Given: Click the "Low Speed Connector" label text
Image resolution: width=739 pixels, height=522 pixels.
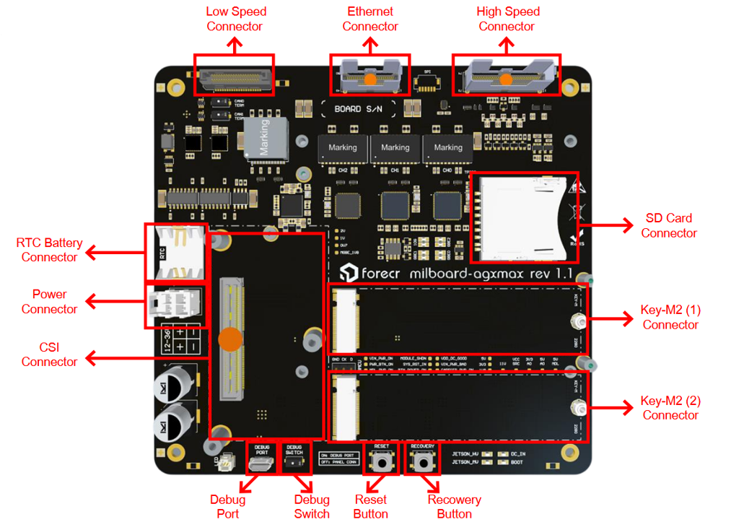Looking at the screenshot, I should click(x=235, y=19).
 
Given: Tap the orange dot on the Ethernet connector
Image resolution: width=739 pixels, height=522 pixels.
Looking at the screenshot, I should click(x=369, y=79).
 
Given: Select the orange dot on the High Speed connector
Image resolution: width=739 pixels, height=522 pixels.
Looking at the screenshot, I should click(x=507, y=79).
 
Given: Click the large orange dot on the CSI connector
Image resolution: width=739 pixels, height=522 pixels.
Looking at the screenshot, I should click(x=231, y=339).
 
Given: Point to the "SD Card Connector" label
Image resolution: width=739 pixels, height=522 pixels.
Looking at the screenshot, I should click(x=669, y=225).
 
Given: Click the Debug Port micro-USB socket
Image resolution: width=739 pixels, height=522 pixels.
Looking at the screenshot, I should click(x=261, y=464).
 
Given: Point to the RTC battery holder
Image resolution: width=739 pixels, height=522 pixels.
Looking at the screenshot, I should click(x=175, y=252).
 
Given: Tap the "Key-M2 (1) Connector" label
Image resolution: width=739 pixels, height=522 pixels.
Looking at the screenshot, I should click(x=670, y=318).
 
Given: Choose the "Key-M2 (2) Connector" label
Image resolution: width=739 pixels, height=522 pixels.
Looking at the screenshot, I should click(x=670, y=408).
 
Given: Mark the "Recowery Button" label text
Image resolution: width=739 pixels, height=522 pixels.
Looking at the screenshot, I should click(x=454, y=507).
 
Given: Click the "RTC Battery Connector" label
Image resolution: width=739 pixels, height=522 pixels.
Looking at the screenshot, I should click(x=49, y=250).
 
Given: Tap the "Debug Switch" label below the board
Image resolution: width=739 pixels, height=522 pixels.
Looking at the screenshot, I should click(x=312, y=507).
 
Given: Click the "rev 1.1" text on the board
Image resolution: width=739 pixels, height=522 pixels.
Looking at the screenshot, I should click(x=551, y=274).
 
